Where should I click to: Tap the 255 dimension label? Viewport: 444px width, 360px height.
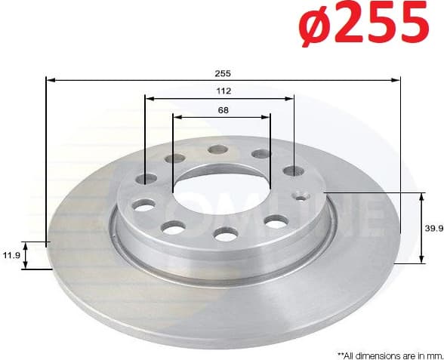point(222,73)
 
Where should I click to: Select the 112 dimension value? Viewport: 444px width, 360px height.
point(222,91)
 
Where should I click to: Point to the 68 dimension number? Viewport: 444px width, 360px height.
point(222,110)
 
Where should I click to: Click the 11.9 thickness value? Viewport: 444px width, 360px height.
point(12,256)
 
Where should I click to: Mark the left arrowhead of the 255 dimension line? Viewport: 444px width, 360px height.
point(50,78)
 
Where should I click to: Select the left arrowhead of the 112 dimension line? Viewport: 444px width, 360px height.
point(149,97)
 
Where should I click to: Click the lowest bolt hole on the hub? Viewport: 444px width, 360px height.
point(225,235)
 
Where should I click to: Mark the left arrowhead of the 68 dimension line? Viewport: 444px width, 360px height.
point(177,116)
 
